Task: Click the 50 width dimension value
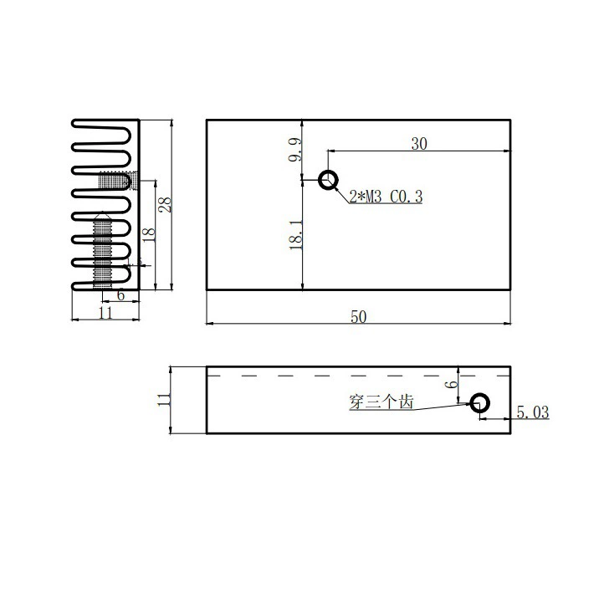pos(358,316)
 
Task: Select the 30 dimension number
pos(419,144)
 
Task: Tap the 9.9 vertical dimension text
pos(296,150)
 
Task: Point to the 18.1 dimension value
pos(296,234)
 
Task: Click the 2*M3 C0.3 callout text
pos(386,197)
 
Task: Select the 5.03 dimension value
pos(533,412)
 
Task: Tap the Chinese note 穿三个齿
pos(381,402)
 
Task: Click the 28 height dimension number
pos(166,205)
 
